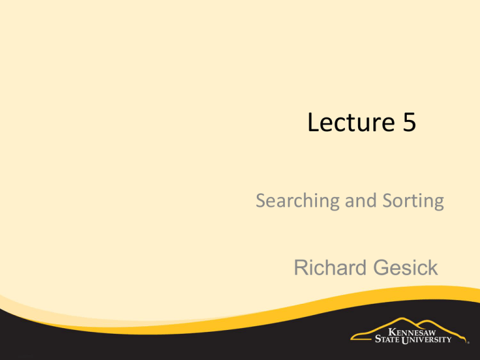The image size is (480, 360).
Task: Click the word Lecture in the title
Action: pyautogui.click(x=351, y=122)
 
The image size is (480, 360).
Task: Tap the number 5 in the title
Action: pyautogui.click(x=409, y=122)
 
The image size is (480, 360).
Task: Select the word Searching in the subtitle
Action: pyautogui.click(x=297, y=201)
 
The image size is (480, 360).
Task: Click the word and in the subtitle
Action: pyautogui.click(x=361, y=201)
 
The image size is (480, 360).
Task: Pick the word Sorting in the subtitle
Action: pyautogui.click(x=413, y=201)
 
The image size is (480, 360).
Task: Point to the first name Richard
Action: pyautogui.click(x=331, y=267)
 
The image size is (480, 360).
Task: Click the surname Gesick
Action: pyautogui.click(x=406, y=267)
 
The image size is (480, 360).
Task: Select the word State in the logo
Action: pyautogui.click(x=387, y=339)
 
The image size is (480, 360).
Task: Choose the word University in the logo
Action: pyautogui.click(x=426, y=339)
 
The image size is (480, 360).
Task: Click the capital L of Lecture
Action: pyautogui.click(x=313, y=122)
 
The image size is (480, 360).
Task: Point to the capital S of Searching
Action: pyautogui.click(x=262, y=200)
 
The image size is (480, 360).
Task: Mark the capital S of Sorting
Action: pyautogui.click(x=389, y=200)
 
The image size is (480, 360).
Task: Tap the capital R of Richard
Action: pyautogui.click(x=301, y=267)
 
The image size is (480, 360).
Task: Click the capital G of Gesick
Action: pyautogui.click(x=381, y=267)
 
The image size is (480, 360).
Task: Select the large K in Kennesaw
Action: pyautogui.click(x=392, y=332)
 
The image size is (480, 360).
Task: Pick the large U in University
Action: pyautogui.click(x=405, y=340)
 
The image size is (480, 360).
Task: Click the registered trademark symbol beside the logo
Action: pyautogui.click(x=468, y=343)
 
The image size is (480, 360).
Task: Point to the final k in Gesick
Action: pyautogui.click(x=434, y=267)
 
